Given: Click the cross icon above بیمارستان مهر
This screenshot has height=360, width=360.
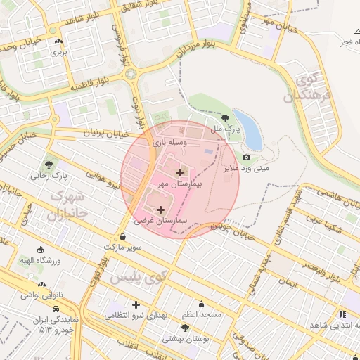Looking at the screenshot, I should pyautogui.click(x=179, y=172).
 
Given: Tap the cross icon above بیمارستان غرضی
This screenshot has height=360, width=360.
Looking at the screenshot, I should pyautogui.click(x=160, y=210).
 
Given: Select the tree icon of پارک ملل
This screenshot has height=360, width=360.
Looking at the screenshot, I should pyautogui.click(x=225, y=119).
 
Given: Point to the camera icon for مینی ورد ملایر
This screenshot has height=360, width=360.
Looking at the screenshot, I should pyautogui.click(x=246, y=157).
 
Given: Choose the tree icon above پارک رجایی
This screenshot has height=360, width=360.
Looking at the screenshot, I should pyautogui.click(x=49, y=165).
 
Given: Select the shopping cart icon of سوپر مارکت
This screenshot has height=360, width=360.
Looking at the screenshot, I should pyautogui.click(x=134, y=238).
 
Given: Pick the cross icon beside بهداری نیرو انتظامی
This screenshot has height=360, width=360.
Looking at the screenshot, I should pyautogui.click(x=136, y=305).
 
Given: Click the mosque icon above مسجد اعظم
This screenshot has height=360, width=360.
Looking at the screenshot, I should pyautogui.click(x=202, y=304).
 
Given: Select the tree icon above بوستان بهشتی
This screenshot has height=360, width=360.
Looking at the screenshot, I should pyautogui.click(x=185, y=328).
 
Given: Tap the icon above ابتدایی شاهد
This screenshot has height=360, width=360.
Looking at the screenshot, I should pyautogui.click(x=342, y=315).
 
